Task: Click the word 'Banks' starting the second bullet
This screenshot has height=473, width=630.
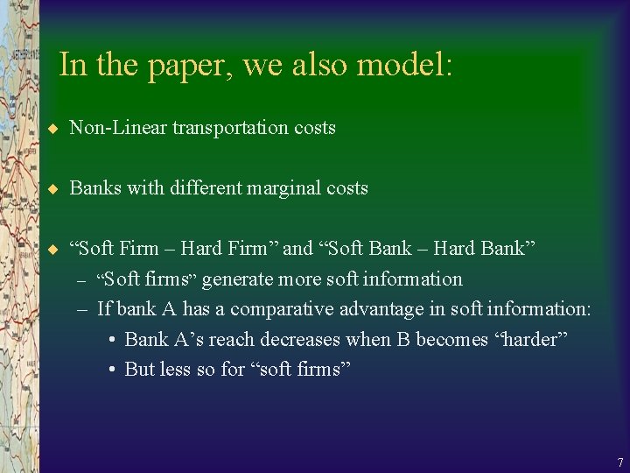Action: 94,188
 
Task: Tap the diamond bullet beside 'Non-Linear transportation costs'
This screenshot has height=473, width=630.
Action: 52,129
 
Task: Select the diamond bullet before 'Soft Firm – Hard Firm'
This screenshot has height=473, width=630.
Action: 52,250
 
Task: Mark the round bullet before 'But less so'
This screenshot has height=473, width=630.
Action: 114,370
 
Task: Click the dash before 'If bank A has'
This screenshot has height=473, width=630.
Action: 81,310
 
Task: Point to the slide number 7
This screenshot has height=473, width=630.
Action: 619,462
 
